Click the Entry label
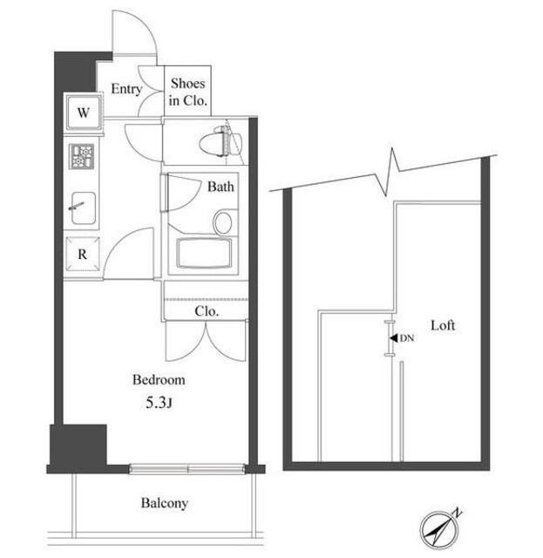(x=126, y=89)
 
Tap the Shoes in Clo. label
(x=187, y=92)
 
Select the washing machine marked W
(x=84, y=112)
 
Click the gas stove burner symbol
(x=81, y=156)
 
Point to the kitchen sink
(x=84, y=208)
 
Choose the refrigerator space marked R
(x=82, y=254)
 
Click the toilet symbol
(x=221, y=142)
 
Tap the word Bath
(x=221, y=187)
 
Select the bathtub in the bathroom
(x=204, y=253)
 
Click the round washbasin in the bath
(x=223, y=222)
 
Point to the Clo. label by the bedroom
(x=207, y=311)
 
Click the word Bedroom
(x=159, y=380)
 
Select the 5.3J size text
(x=159, y=403)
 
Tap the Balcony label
(x=165, y=503)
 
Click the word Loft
(x=443, y=325)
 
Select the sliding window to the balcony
(x=187, y=469)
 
